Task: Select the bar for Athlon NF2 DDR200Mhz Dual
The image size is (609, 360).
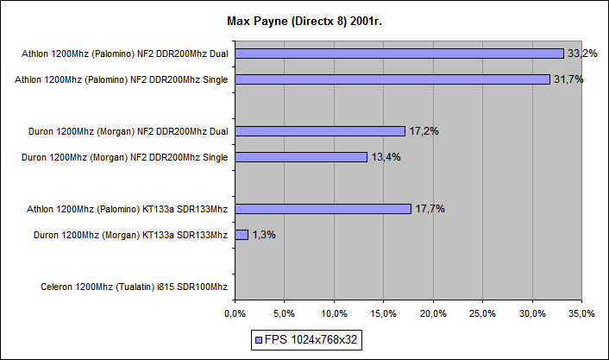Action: tap(399, 54)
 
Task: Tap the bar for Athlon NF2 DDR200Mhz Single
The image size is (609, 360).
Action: tap(392, 79)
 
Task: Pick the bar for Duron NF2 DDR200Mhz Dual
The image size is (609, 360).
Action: tap(319, 131)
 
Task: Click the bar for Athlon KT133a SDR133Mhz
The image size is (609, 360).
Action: tap(322, 209)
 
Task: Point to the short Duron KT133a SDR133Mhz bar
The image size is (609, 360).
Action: tap(241, 235)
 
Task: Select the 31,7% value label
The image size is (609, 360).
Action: tap(569, 79)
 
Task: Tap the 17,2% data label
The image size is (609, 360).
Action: tap(424, 131)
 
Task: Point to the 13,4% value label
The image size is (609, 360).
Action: tap(386, 157)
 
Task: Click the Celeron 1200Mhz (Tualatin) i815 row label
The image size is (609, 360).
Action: tap(134, 287)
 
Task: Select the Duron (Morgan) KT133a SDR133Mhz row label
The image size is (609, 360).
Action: tap(130, 235)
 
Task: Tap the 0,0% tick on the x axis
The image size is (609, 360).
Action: tap(235, 313)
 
